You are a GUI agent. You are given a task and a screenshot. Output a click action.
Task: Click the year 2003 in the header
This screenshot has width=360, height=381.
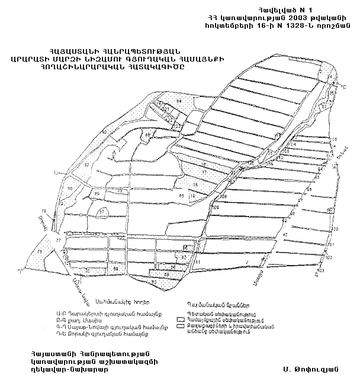[x=294, y=18]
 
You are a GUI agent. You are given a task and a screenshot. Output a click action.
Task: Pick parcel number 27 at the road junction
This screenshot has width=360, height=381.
[x=58, y=241]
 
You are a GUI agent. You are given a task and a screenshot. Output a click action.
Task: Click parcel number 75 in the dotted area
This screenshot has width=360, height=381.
[x=40, y=252]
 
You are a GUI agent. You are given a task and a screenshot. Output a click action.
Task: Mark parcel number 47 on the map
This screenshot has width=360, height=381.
[x=285, y=235]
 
